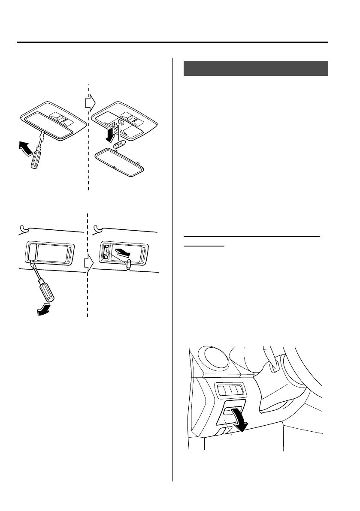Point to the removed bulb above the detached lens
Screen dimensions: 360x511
pyautogui.click(x=119, y=144)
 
